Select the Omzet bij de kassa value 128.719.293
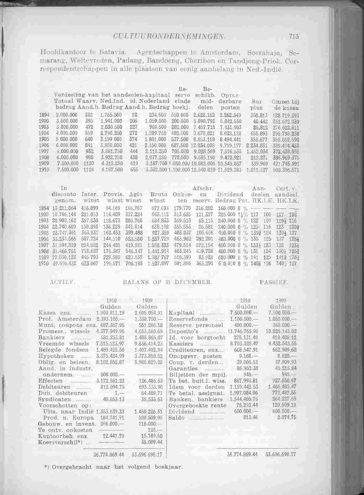pos(286,115)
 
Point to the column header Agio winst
pos(134,197)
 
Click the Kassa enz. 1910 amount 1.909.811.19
pos(111,313)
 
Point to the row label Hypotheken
pos(52,356)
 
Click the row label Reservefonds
pos(188,319)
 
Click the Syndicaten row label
pos(52,399)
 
